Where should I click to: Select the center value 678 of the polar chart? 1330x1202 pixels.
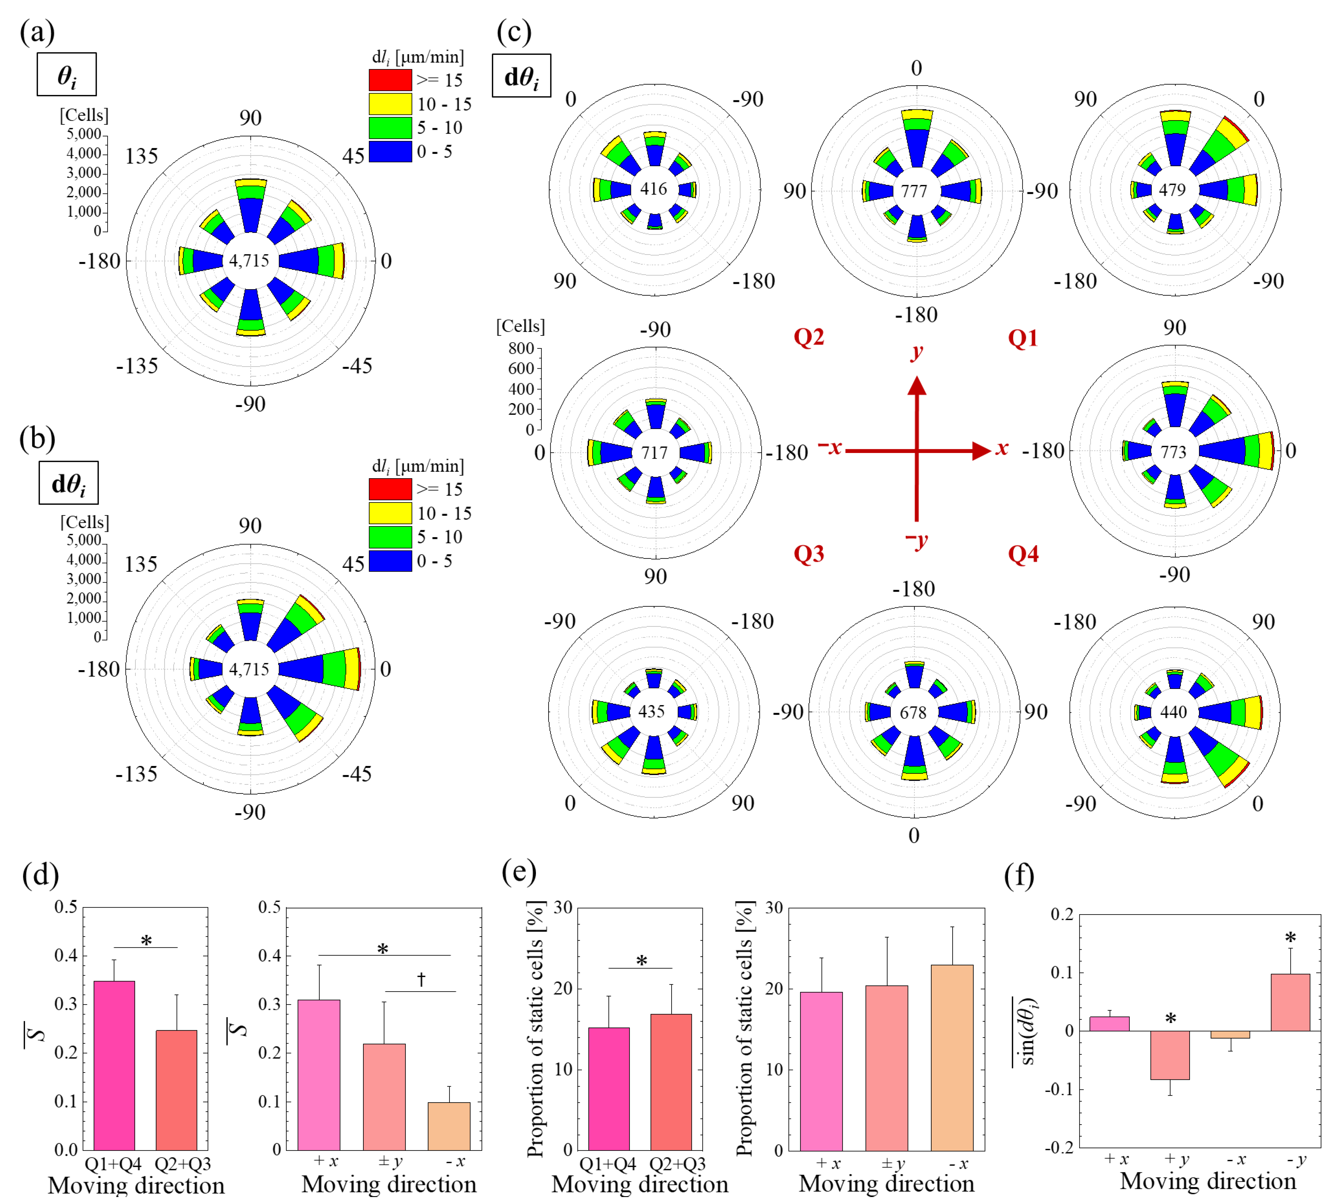[x=913, y=712]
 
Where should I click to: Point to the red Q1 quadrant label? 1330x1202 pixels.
[x=1023, y=338]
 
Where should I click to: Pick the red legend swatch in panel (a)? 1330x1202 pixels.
[x=390, y=80]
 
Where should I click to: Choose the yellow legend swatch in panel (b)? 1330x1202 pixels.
[x=390, y=513]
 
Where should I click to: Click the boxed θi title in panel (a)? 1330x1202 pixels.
[x=67, y=74]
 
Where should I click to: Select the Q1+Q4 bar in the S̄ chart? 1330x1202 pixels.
[x=114, y=1065]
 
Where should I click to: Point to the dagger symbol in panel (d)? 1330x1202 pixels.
[x=421, y=980]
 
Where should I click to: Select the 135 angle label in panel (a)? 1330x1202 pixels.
[x=141, y=156]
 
